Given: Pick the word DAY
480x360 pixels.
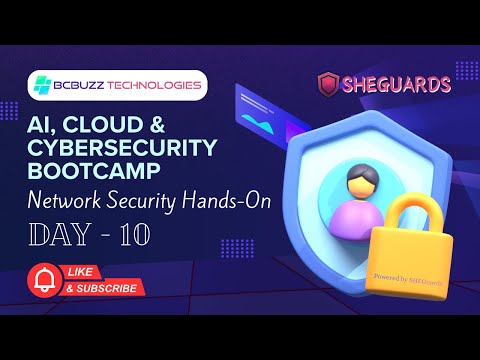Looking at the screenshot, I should click(x=58, y=236).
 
